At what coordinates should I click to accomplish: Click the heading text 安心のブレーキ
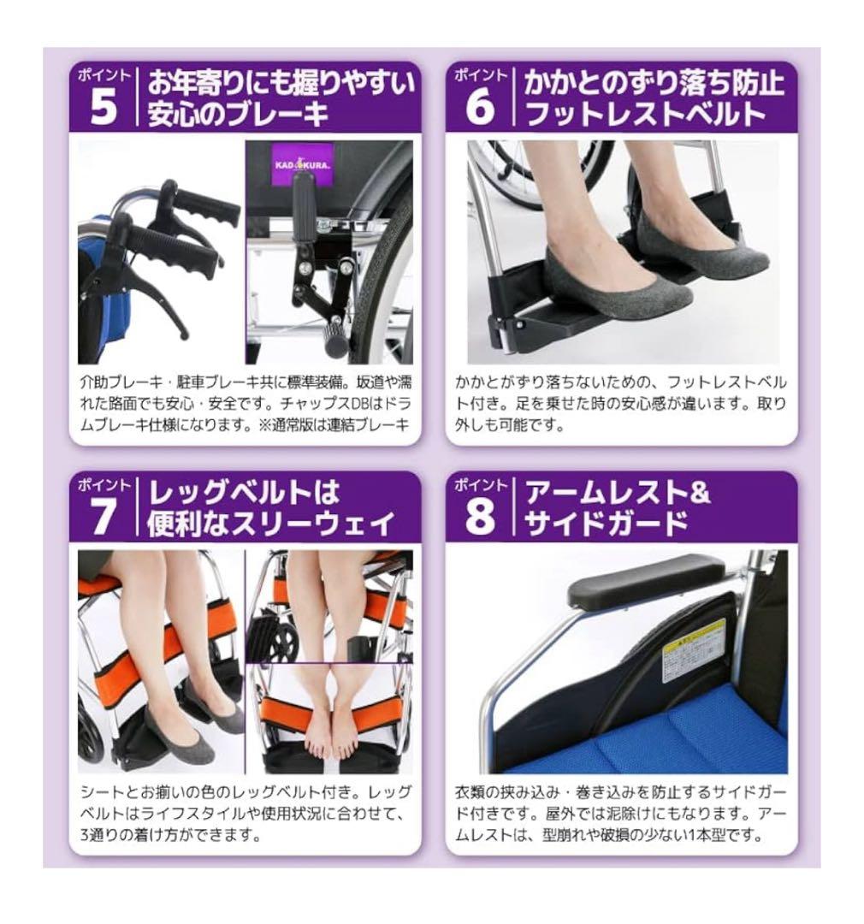click(238, 115)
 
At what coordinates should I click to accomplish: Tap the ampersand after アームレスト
click(700, 495)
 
